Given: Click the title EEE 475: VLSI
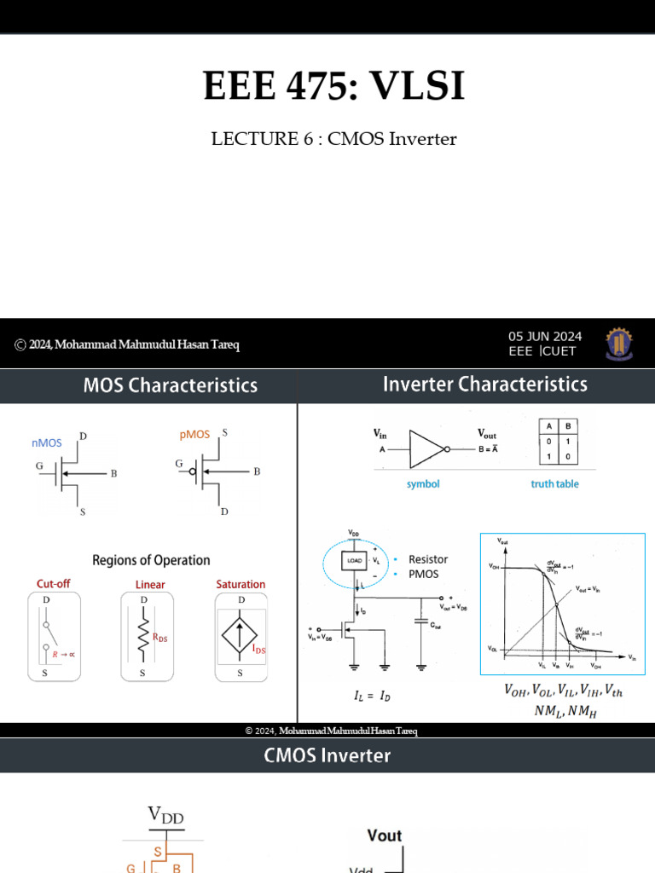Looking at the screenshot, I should (333, 87).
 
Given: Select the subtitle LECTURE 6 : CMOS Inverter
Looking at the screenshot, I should (333, 138).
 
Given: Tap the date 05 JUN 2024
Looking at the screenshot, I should (545, 336).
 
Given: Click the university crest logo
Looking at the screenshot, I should (619, 344).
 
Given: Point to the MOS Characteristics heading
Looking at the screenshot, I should (170, 385).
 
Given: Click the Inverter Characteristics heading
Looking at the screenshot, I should (484, 384).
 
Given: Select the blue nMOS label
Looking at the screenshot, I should (47, 442).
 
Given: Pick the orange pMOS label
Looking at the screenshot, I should (194, 435).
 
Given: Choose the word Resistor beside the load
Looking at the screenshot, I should (428, 559).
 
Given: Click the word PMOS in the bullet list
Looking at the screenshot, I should (424, 574).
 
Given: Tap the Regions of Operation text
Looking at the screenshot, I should (151, 560).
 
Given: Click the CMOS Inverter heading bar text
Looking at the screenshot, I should (327, 755).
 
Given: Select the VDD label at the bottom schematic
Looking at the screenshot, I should (165, 817).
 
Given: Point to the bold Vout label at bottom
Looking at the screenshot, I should (384, 835).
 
